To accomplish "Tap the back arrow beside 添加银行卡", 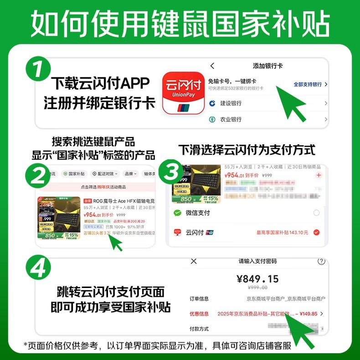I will [x=212, y=66].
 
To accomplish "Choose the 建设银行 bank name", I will [x=231, y=103].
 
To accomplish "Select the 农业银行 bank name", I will [x=231, y=119].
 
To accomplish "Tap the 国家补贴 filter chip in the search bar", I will [x=74, y=174].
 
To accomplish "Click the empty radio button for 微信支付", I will [x=316, y=213].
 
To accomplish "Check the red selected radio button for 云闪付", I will [x=316, y=232].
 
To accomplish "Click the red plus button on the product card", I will [x=319, y=175].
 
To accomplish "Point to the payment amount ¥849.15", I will [x=257, y=278].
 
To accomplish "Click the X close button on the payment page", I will [x=194, y=261].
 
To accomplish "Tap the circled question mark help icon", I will [x=321, y=262].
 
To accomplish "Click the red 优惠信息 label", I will [x=199, y=314].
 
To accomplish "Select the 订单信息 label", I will [x=199, y=299].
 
